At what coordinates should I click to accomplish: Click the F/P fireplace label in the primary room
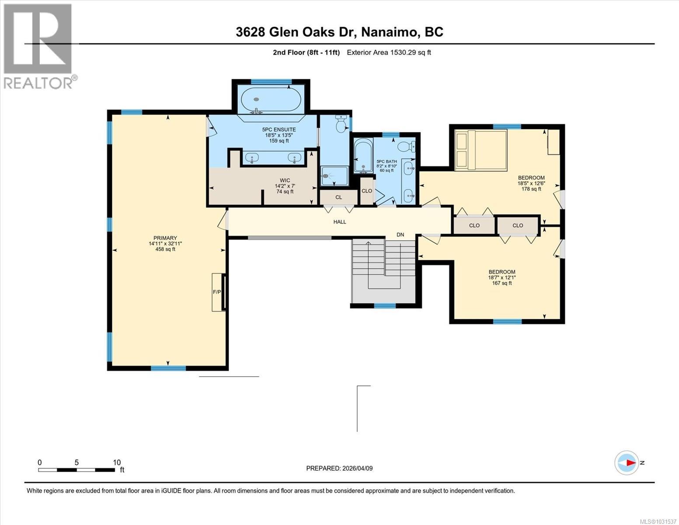(216, 292)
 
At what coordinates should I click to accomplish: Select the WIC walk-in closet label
(285, 180)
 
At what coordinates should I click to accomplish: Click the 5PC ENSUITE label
(279, 129)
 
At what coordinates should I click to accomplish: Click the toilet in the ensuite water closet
(341, 124)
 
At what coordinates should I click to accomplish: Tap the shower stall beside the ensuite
(334, 176)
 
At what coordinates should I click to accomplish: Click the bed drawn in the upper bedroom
(480, 150)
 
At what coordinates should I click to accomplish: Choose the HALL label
(340, 222)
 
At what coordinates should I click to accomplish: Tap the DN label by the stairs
(400, 235)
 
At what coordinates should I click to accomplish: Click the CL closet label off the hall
(338, 197)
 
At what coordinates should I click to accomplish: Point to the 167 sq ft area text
(502, 283)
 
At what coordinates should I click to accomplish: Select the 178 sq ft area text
(531, 189)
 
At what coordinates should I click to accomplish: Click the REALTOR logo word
(38, 83)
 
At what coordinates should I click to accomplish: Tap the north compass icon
(627, 462)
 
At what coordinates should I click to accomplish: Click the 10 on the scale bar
(117, 462)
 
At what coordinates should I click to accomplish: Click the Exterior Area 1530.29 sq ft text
(389, 52)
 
